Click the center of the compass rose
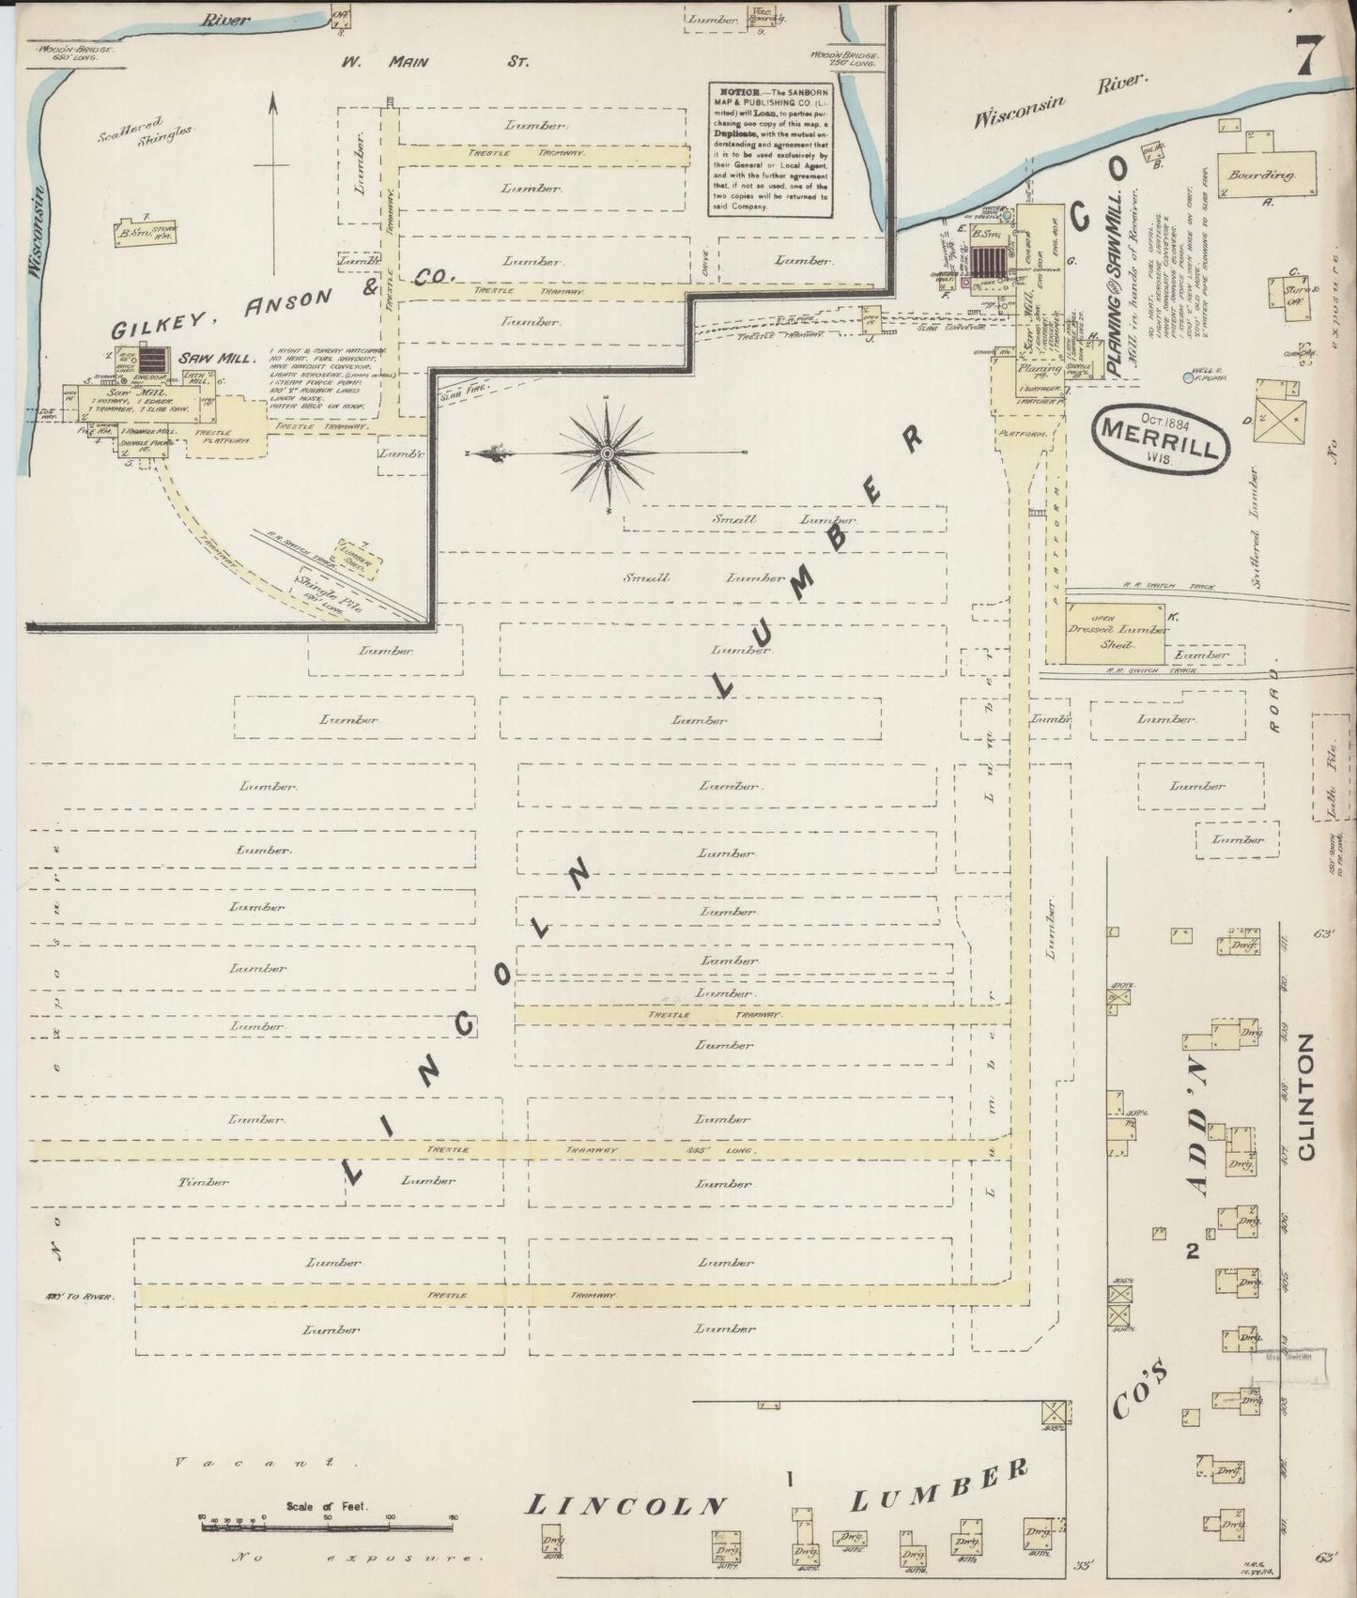pyautogui.click(x=608, y=453)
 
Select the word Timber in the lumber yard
pyautogui.click(x=203, y=1181)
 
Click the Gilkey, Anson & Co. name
pyautogui.click(x=282, y=303)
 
